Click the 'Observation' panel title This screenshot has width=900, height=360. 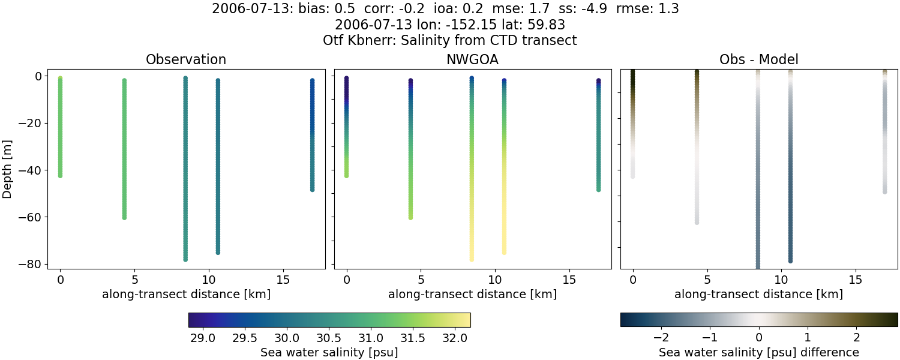click(x=186, y=59)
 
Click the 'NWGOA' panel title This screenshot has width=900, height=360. click(x=472, y=59)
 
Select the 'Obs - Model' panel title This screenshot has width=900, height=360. click(x=758, y=59)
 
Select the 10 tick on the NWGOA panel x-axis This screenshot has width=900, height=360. click(x=494, y=280)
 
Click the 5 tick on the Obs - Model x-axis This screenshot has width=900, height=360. click(x=707, y=280)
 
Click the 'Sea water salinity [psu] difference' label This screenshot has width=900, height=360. click(x=758, y=352)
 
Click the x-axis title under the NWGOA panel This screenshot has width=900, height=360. click(x=472, y=294)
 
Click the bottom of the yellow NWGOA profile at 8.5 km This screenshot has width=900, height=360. click(x=472, y=259)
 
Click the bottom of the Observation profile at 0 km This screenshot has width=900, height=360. click(x=60, y=175)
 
